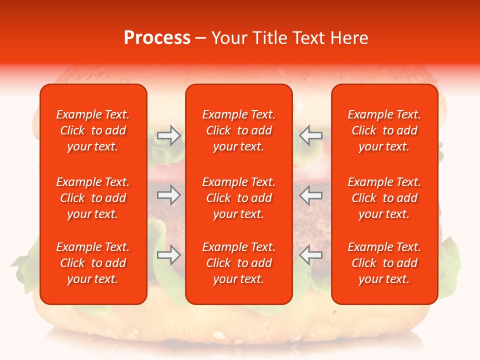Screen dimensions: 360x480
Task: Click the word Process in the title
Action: click(157, 38)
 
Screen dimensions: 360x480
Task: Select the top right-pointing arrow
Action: click(169, 135)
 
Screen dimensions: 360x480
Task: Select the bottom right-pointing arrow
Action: click(169, 255)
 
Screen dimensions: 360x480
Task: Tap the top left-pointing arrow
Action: click(310, 135)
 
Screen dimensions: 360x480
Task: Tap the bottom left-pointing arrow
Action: click(310, 255)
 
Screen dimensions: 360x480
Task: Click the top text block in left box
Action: click(93, 130)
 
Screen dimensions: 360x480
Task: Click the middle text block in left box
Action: click(93, 198)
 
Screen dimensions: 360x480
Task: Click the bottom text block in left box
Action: click(93, 263)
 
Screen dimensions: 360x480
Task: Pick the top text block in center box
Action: click(239, 130)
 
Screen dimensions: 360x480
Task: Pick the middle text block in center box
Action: click(239, 198)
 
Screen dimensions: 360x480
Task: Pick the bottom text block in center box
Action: click(239, 263)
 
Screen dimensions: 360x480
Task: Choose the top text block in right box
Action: click(384, 130)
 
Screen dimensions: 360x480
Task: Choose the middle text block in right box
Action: click(384, 198)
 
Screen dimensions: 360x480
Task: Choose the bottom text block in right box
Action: click(384, 263)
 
